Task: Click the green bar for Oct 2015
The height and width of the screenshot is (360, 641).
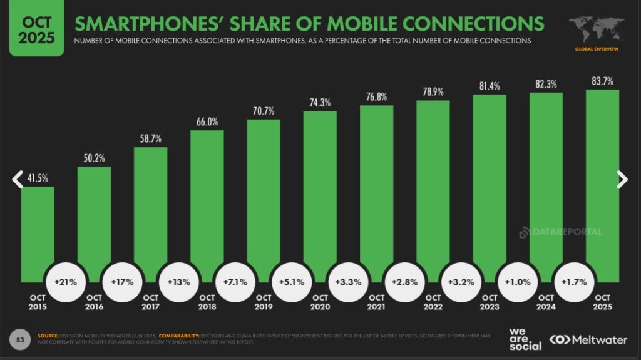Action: (x=37, y=232)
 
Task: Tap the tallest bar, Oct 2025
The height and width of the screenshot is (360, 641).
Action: (x=602, y=182)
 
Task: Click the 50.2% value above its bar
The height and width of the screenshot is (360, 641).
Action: (x=94, y=158)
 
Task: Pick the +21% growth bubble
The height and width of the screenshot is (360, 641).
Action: (x=66, y=282)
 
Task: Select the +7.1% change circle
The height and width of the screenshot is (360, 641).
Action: (x=235, y=282)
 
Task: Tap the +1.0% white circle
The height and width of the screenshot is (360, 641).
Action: (x=518, y=282)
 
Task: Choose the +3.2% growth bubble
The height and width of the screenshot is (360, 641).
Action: (x=461, y=282)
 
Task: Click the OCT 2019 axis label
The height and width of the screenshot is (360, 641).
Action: (x=264, y=302)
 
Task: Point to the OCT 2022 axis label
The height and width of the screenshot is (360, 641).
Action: (x=433, y=302)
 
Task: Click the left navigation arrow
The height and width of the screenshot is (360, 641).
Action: (x=18, y=179)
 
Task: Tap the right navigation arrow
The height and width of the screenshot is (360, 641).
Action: (x=622, y=179)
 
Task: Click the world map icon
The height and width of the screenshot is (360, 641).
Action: (x=597, y=29)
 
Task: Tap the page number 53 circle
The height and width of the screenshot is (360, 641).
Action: (x=21, y=339)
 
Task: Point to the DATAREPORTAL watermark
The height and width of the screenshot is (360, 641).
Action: (x=561, y=232)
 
